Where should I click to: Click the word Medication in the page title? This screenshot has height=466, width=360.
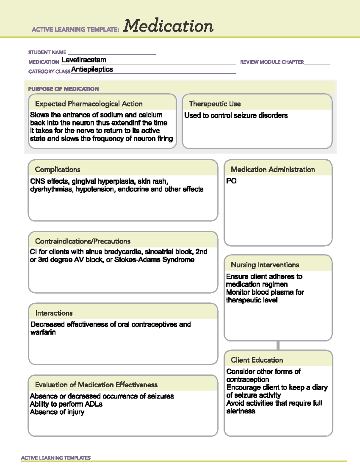pos(168,26)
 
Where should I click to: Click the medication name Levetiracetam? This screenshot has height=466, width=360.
pos(84,60)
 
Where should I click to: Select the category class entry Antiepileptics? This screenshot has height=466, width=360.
pos(92,69)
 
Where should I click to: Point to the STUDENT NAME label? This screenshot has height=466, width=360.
pos(47,53)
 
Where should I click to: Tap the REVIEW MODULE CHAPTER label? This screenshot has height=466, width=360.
pos(272,62)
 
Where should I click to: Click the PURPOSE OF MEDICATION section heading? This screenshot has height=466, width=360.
pos(63,89)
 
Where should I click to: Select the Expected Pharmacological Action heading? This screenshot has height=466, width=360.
pos(89,104)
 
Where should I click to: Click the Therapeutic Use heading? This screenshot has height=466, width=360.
pos(215,104)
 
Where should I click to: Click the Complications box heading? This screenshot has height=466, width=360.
pos(58,170)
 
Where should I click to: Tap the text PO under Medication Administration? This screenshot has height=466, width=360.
pos(231,181)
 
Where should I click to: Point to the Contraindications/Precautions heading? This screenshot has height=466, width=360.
pos(83,241)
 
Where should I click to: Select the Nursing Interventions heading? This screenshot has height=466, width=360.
pos(265,265)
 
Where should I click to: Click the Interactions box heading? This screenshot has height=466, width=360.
pos(54,313)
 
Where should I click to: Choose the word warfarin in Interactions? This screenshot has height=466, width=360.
pos(43,332)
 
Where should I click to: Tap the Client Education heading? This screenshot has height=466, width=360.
pos(257,360)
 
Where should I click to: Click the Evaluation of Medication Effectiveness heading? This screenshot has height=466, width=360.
pos(96,385)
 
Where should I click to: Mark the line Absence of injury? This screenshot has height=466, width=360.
pos(57,412)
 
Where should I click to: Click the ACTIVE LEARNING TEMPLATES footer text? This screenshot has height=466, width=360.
pos(56,458)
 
